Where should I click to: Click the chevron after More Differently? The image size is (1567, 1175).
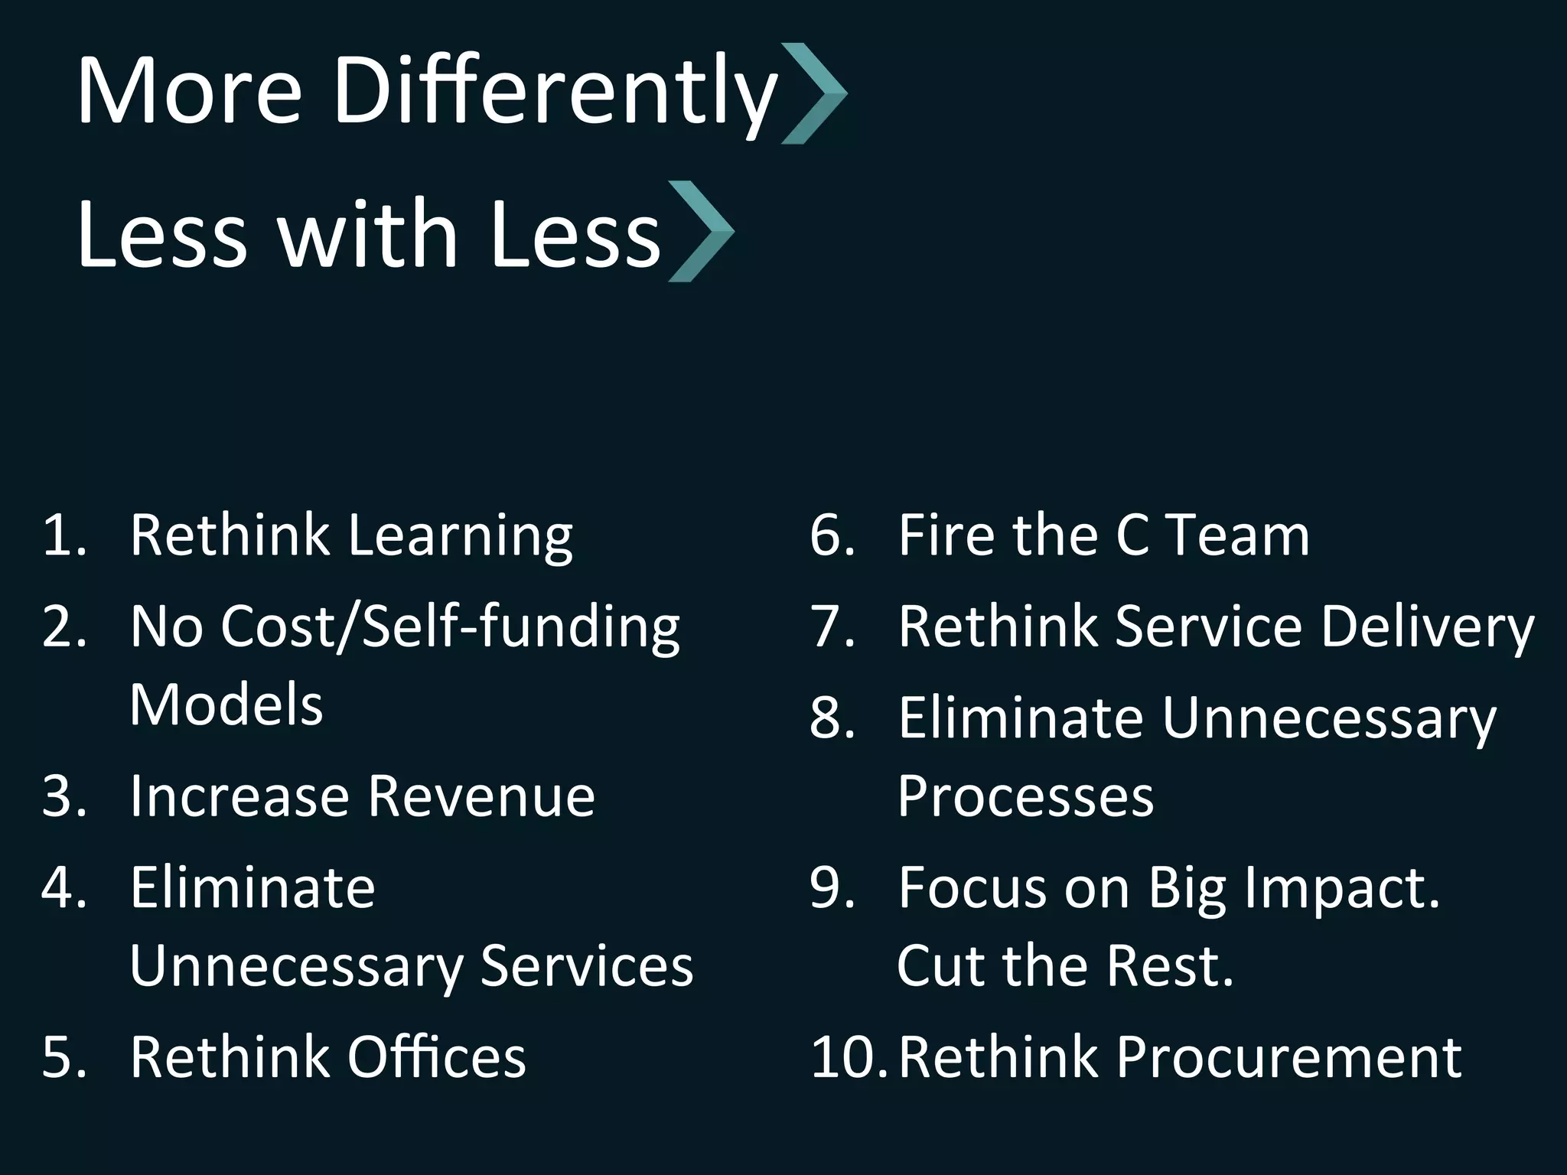point(814,93)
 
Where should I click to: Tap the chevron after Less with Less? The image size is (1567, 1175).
point(701,231)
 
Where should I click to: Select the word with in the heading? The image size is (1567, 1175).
point(367,233)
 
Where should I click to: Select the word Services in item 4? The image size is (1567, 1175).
point(586,966)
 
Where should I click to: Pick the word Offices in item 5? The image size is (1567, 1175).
point(437,1058)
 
